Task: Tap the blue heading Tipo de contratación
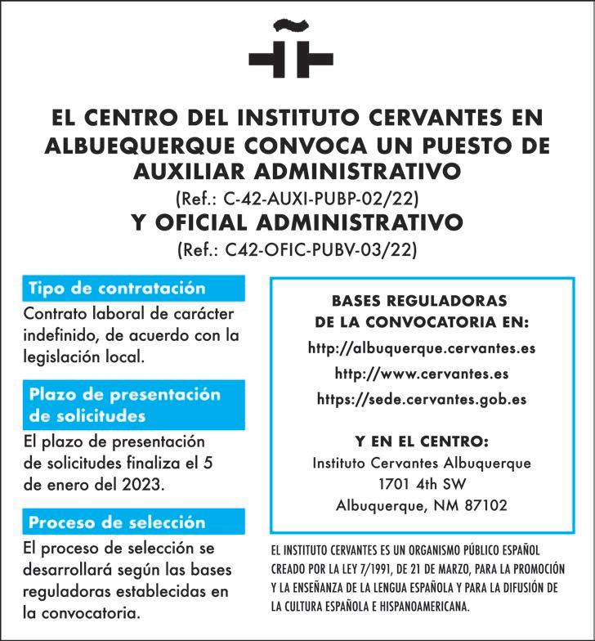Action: [x=117, y=289]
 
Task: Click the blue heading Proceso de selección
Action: [x=117, y=522]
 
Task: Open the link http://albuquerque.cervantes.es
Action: [x=422, y=347]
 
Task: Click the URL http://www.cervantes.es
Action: [x=422, y=374]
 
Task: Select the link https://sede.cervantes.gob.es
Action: [x=422, y=400]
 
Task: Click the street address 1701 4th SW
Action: [x=422, y=484]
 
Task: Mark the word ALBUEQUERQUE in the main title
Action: [x=143, y=146]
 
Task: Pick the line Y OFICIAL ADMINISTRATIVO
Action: [x=297, y=222]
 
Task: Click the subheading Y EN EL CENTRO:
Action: [x=422, y=442]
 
